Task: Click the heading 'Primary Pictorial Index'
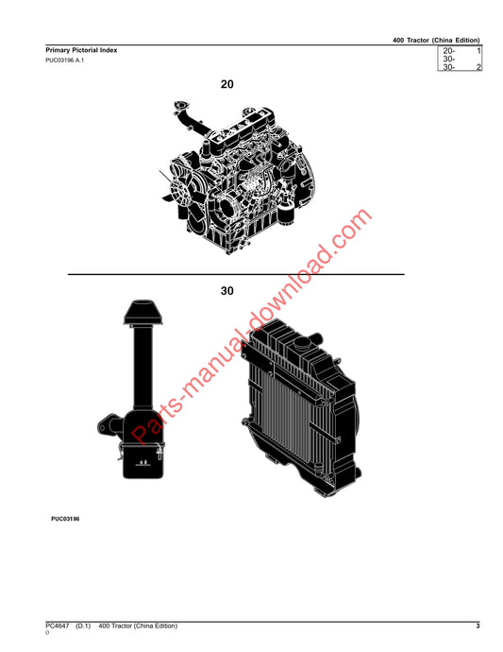[x=81, y=50]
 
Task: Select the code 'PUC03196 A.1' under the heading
[x=65, y=60]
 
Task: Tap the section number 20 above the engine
[x=226, y=84]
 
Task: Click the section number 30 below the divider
[x=226, y=291]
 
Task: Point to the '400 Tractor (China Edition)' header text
[x=436, y=41]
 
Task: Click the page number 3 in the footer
[x=478, y=626]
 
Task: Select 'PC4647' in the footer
[x=58, y=626]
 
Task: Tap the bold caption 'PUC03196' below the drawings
[x=65, y=519]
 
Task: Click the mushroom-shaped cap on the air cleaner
[x=143, y=312]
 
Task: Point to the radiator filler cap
[x=301, y=343]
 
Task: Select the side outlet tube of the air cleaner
[x=109, y=425]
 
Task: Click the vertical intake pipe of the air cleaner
[x=143, y=366]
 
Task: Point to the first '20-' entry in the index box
[x=449, y=51]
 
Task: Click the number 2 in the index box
[x=478, y=67]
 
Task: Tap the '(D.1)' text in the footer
[x=83, y=626]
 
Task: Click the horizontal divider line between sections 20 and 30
[x=236, y=274]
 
